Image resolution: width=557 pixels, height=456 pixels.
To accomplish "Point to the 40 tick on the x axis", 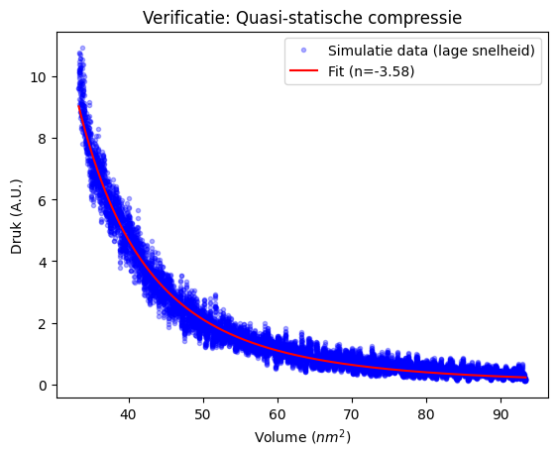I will point(128,414).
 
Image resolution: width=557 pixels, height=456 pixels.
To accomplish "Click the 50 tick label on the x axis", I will point(202,414).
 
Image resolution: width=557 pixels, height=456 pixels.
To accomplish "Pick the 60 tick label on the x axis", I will point(278,414).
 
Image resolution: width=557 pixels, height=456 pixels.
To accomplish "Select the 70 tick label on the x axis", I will point(352,414).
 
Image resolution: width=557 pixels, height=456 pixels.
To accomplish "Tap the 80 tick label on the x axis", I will point(426,414).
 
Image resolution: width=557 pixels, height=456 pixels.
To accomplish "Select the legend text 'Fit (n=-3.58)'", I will point(372,71).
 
